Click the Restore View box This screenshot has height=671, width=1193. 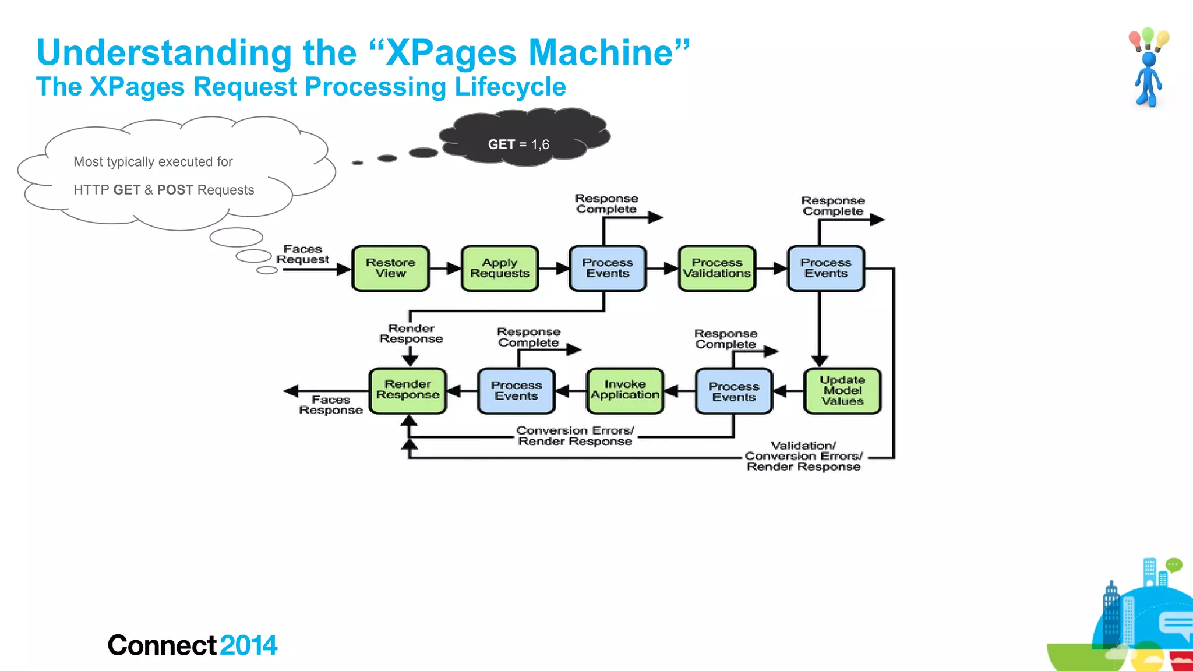[x=390, y=268]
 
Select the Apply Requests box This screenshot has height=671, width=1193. [x=499, y=268]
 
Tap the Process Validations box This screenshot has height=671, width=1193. [x=716, y=268]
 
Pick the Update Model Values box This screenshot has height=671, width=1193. [x=842, y=390]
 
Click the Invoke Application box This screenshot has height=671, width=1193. [x=624, y=390]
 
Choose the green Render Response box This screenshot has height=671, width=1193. [x=408, y=390]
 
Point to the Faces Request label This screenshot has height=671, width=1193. [x=302, y=255]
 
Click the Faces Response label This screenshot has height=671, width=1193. [x=330, y=405]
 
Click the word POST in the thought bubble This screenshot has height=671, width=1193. [x=175, y=190]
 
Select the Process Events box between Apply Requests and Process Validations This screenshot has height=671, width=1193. [x=608, y=268]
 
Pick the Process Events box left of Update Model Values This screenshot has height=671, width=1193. [x=733, y=391]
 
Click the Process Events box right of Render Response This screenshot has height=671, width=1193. [x=516, y=391]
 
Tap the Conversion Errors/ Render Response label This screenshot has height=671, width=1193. [x=575, y=436]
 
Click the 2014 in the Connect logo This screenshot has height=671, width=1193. [x=249, y=645]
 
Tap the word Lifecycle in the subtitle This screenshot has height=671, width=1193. [x=510, y=87]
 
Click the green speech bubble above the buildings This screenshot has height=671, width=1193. [x=1174, y=564]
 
